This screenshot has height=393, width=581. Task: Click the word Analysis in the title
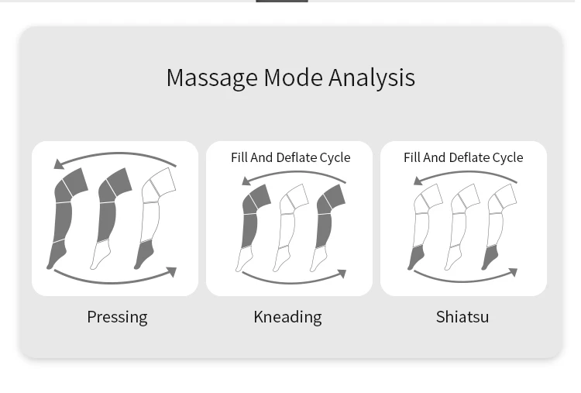coord(372,78)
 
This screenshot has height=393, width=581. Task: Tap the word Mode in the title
coord(294,78)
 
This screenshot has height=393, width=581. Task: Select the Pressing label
coord(117,316)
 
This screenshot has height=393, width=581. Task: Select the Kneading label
coord(287,316)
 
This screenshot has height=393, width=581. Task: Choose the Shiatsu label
coord(462,316)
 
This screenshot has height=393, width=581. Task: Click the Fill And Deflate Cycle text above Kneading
coord(290,157)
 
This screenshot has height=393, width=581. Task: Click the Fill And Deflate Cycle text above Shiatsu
coord(463,157)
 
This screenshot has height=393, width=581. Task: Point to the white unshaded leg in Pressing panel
coord(153,217)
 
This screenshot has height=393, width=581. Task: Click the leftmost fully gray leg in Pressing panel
coord(64,217)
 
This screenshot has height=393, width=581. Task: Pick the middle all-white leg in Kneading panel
coord(288,225)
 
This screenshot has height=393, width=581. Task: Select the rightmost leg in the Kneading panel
coord(325,225)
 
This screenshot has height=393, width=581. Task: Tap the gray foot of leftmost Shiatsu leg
coord(416,257)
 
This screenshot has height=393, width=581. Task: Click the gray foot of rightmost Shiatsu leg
coord(490,257)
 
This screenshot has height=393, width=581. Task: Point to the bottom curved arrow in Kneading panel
coord(290,280)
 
